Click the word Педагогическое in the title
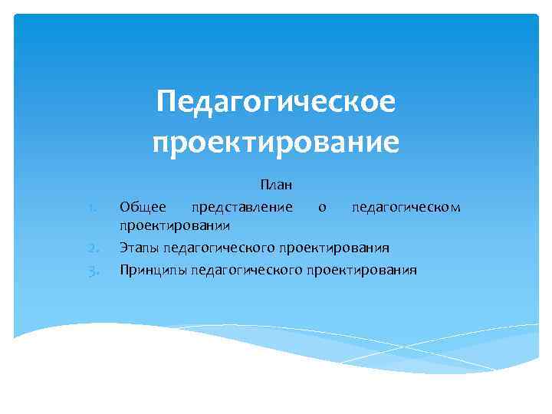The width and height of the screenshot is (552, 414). pos(276,102)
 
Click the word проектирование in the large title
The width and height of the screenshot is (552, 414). pos(276,143)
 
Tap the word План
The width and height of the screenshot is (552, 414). pos(276,185)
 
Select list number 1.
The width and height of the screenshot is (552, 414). pos(91,207)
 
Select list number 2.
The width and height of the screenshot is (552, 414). pos(91,248)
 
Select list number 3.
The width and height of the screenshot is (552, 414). pos(91,270)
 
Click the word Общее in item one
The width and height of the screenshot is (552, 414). pos(143,206)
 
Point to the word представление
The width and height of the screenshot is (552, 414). pos(242,207)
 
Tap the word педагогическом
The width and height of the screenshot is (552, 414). pos(406,207)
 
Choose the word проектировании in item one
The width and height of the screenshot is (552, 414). pos(176,227)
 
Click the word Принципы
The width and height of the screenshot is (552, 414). pos(153,269)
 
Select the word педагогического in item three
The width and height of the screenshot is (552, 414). pos(247,270)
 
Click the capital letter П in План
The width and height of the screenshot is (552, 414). pos(264,185)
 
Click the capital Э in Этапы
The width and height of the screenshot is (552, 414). pos(123,248)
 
